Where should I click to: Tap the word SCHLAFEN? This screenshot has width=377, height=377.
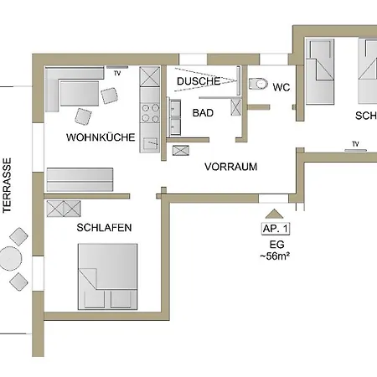coord(104,227)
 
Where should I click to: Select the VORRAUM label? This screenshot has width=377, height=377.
coord(230,167)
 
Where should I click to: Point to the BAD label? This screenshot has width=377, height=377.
coord(203,111)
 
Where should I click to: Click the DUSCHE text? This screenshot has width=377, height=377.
coord(199,81)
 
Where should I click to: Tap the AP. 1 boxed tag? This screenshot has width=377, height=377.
coord(276,228)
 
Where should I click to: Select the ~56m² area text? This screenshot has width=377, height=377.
coord(276,256)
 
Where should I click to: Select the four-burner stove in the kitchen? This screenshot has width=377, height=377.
coord(150,111)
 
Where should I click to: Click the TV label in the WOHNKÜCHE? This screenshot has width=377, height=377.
coord(117,74)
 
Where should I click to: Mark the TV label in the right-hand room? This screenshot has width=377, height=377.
coord(355,144)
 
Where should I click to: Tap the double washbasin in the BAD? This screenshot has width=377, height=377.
coord(175,117)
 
